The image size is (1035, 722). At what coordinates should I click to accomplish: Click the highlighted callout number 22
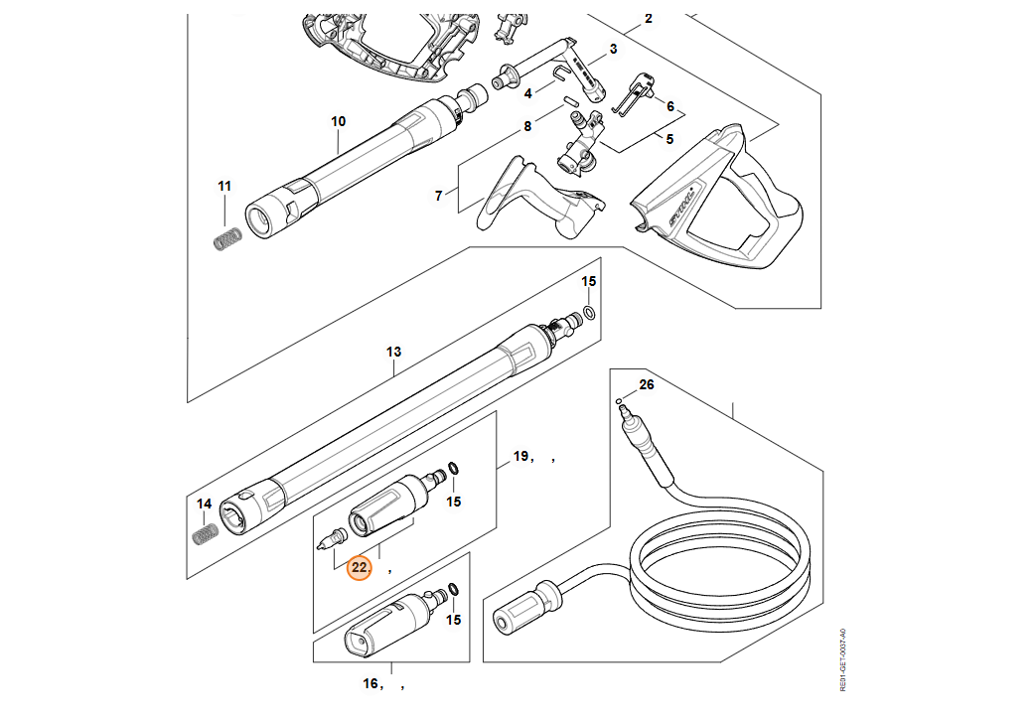pyautogui.click(x=359, y=568)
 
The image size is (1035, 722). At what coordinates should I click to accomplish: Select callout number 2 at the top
pyautogui.click(x=649, y=18)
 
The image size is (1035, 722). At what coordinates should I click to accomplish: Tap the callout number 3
pyautogui.click(x=613, y=49)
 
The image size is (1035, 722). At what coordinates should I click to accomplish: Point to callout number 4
pyautogui.click(x=528, y=92)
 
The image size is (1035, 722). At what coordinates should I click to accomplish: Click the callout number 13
pyautogui.click(x=393, y=352)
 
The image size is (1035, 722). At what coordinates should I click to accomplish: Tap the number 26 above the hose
pyautogui.click(x=647, y=384)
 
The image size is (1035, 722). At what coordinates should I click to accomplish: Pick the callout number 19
pyautogui.click(x=520, y=457)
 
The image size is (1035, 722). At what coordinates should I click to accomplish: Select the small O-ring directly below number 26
pyautogui.click(x=619, y=403)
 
